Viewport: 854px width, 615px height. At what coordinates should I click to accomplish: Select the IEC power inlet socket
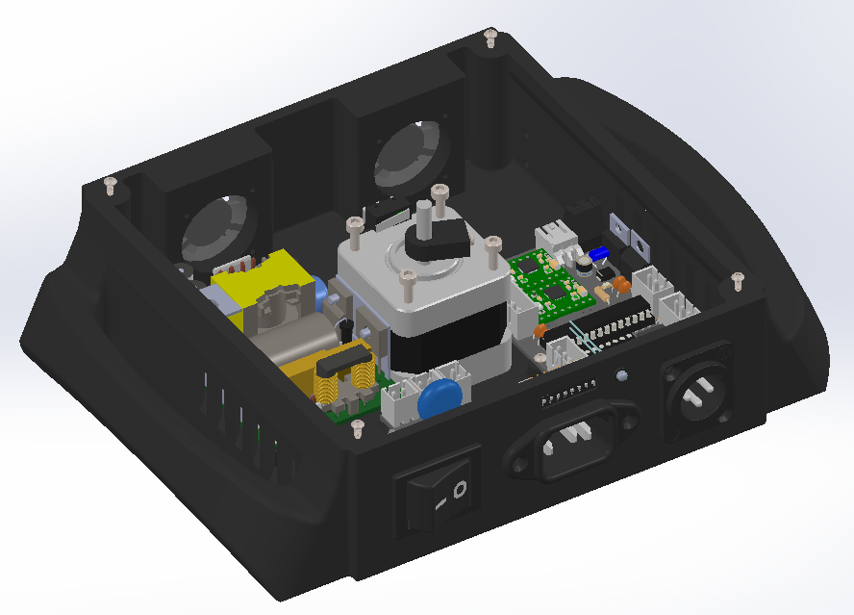coord(575,441)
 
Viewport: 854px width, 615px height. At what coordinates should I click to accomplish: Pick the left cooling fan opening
coord(220,232)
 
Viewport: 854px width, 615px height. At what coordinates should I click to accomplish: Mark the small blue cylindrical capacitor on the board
coord(599,252)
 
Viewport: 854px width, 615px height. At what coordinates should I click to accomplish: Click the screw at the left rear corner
coord(110,185)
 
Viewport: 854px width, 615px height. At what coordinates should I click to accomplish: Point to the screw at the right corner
coord(738,280)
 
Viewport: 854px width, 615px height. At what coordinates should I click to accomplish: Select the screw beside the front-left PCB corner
coord(358,425)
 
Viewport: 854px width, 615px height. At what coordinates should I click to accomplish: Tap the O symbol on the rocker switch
coord(461,489)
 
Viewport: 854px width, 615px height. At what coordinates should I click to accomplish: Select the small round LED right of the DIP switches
coord(622,376)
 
